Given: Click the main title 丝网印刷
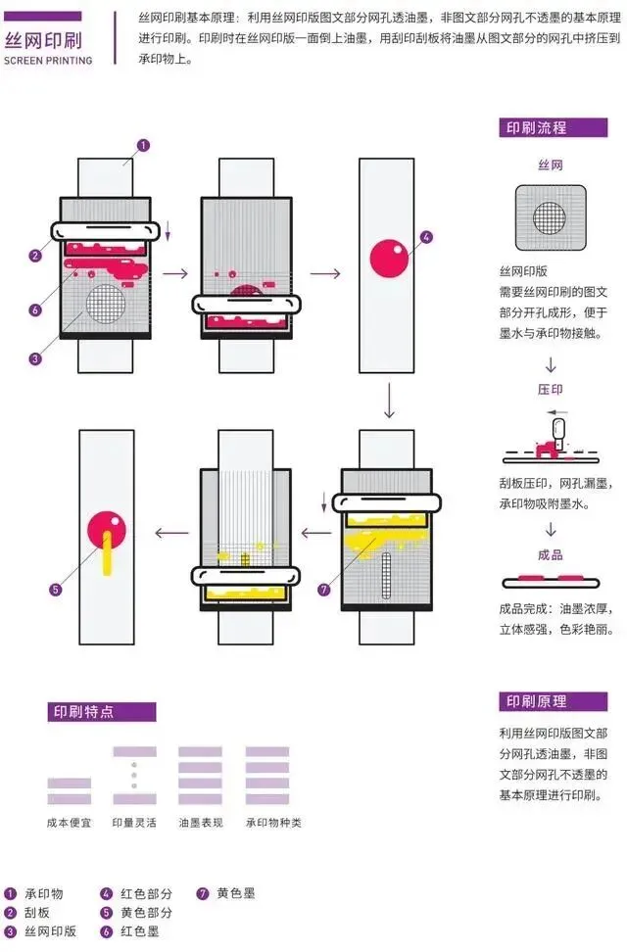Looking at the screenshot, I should (43, 42).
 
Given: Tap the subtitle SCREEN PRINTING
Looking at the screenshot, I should (48, 61).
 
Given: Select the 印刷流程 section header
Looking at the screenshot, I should (536, 128).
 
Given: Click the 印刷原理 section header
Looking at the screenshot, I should (536, 701).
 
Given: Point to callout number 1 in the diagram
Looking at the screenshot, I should (143, 146).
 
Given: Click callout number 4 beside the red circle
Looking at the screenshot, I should (425, 237).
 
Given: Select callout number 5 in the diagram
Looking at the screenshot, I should (56, 590).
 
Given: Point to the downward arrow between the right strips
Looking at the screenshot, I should (390, 400).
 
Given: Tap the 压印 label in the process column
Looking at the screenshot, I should (550, 389).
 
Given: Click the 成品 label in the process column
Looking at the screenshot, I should (550, 555).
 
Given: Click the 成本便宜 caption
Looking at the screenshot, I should (69, 823).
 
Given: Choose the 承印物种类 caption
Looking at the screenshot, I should (273, 823).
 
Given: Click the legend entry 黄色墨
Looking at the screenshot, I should (236, 893).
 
